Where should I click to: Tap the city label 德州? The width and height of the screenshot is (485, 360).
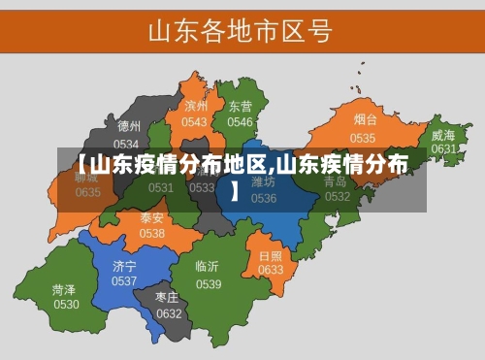129,126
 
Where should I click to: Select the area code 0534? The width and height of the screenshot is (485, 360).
127,143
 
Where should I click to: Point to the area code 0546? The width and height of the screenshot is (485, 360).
240,122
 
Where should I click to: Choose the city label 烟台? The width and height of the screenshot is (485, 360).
365,120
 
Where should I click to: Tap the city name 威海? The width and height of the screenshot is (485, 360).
443,135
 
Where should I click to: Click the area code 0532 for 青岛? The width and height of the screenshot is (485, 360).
338,196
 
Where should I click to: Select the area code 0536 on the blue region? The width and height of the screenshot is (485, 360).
264,198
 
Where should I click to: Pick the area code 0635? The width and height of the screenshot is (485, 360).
88,192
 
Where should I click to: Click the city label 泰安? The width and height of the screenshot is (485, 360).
152,218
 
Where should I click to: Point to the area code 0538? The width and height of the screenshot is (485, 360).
152,234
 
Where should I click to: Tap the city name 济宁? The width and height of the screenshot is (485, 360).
124,266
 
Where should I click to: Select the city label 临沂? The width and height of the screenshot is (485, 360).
208,267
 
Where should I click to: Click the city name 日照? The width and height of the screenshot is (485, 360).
271,255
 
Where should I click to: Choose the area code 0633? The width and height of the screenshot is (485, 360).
271,270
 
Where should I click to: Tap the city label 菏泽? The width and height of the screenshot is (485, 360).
65,289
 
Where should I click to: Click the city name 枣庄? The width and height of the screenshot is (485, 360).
169,297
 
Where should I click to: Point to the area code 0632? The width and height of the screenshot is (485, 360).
169,313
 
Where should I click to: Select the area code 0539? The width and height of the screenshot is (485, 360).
209,283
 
